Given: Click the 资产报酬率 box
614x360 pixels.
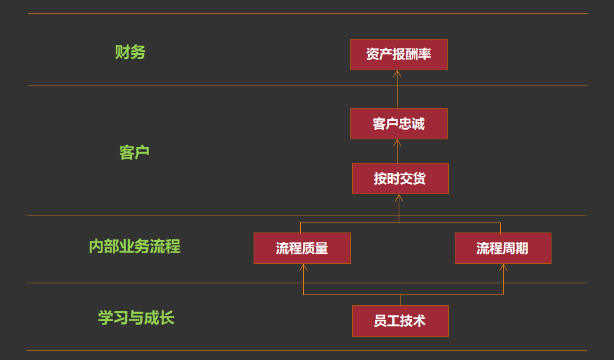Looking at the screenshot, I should (x=399, y=54).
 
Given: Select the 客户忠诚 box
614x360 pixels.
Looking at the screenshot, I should (x=399, y=123).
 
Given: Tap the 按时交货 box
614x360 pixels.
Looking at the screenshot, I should (x=400, y=178).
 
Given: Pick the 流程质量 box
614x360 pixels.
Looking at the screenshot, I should (x=302, y=248).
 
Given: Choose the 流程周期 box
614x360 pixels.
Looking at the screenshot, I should (x=503, y=248).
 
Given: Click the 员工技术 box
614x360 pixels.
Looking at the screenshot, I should (x=400, y=320).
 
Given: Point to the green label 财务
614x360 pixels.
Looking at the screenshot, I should (x=130, y=53).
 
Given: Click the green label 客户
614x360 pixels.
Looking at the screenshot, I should (x=134, y=152).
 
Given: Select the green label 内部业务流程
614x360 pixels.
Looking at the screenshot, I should (x=134, y=246).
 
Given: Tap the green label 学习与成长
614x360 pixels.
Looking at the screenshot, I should (x=136, y=318).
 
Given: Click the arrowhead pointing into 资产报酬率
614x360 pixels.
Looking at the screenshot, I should (x=397, y=73).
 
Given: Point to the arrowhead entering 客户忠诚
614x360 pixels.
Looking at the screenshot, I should (x=397, y=142).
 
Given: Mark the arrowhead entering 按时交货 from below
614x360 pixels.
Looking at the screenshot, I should (x=399, y=197).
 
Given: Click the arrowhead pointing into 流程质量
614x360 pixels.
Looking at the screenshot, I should (x=303, y=267).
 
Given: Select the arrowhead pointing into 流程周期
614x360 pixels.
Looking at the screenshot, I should (x=503, y=267).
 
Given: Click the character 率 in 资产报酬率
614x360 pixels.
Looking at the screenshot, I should (x=425, y=54).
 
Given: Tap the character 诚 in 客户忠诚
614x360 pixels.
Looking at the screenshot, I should (x=418, y=124).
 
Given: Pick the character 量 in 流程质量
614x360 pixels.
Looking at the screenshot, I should (x=321, y=248).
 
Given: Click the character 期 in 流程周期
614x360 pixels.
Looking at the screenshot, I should (x=522, y=248).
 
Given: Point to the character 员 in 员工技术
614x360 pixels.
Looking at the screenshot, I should (x=380, y=321).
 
